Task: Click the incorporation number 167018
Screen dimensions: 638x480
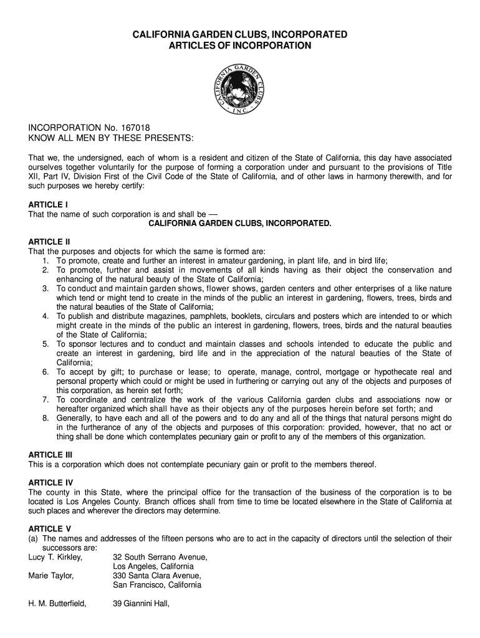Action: click(x=137, y=127)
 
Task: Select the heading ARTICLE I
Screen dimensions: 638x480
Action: click(x=48, y=204)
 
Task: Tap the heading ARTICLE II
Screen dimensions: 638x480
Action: click(x=49, y=242)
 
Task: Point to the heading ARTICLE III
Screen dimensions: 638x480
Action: click(x=50, y=455)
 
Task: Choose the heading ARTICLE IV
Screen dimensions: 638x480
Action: click(x=51, y=482)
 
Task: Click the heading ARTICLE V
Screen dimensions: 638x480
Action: click(x=50, y=529)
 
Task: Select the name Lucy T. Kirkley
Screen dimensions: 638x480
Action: click(x=55, y=557)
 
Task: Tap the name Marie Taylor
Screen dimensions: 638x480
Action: click(x=51, y=576)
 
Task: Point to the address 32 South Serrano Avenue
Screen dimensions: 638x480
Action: click(x=160, y=557)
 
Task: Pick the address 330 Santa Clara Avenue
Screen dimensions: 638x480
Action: click(x=157, y=576)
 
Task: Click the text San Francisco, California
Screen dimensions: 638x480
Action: click(x=157, y=585)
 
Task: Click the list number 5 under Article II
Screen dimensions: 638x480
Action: click(x=46, y=345)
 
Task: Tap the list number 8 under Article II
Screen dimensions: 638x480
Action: click(x=46, y=418)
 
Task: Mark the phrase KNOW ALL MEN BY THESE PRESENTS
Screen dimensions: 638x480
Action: click(x=112, y=137)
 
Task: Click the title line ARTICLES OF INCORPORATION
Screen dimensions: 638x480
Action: click(x=240, y=45)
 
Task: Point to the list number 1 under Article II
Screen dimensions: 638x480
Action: click(x=46, y=260)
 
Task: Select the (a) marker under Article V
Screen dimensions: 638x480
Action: click(x=34, y=538)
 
